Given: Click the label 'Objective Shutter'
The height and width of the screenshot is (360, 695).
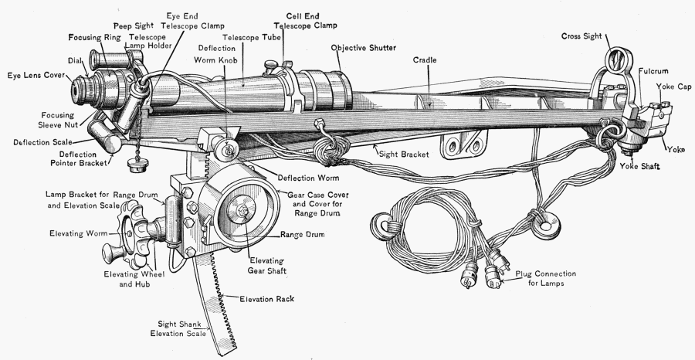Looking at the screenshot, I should click(364, 48).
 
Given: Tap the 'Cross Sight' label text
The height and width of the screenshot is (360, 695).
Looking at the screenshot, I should click(581, 36).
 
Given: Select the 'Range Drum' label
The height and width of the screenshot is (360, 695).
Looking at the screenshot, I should click(302, 233).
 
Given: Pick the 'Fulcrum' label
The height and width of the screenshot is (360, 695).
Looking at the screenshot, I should click(653, 71).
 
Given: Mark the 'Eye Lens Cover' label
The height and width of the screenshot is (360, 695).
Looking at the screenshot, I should click(36, 76).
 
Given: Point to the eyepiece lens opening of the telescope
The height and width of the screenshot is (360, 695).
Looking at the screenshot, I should click(79, 90).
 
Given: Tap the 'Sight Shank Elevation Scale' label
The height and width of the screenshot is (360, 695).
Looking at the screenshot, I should click(180, 328).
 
